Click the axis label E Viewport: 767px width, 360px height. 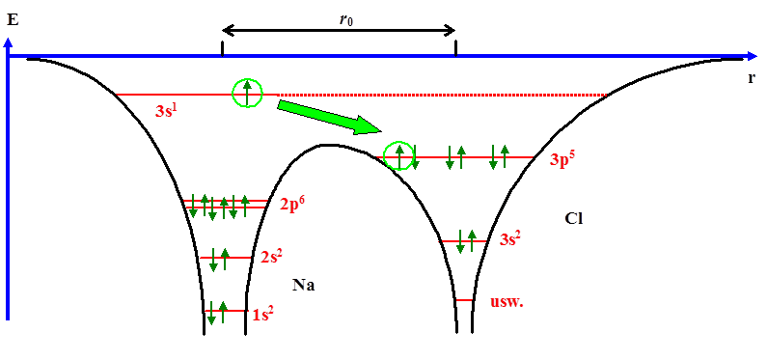[13, 17]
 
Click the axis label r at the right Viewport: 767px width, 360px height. [751, 77]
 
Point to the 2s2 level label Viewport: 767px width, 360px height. [271, 258]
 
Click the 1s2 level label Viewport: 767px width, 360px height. [263, 314]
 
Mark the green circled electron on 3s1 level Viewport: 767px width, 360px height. [248, 93]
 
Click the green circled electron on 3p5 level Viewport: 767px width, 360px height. [398, 154]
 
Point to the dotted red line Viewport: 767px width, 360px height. [444, 95]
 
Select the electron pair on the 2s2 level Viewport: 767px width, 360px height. [219, 259]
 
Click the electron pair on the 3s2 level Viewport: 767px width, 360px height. [466, 240]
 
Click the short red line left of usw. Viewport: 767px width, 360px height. [464, 300]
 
